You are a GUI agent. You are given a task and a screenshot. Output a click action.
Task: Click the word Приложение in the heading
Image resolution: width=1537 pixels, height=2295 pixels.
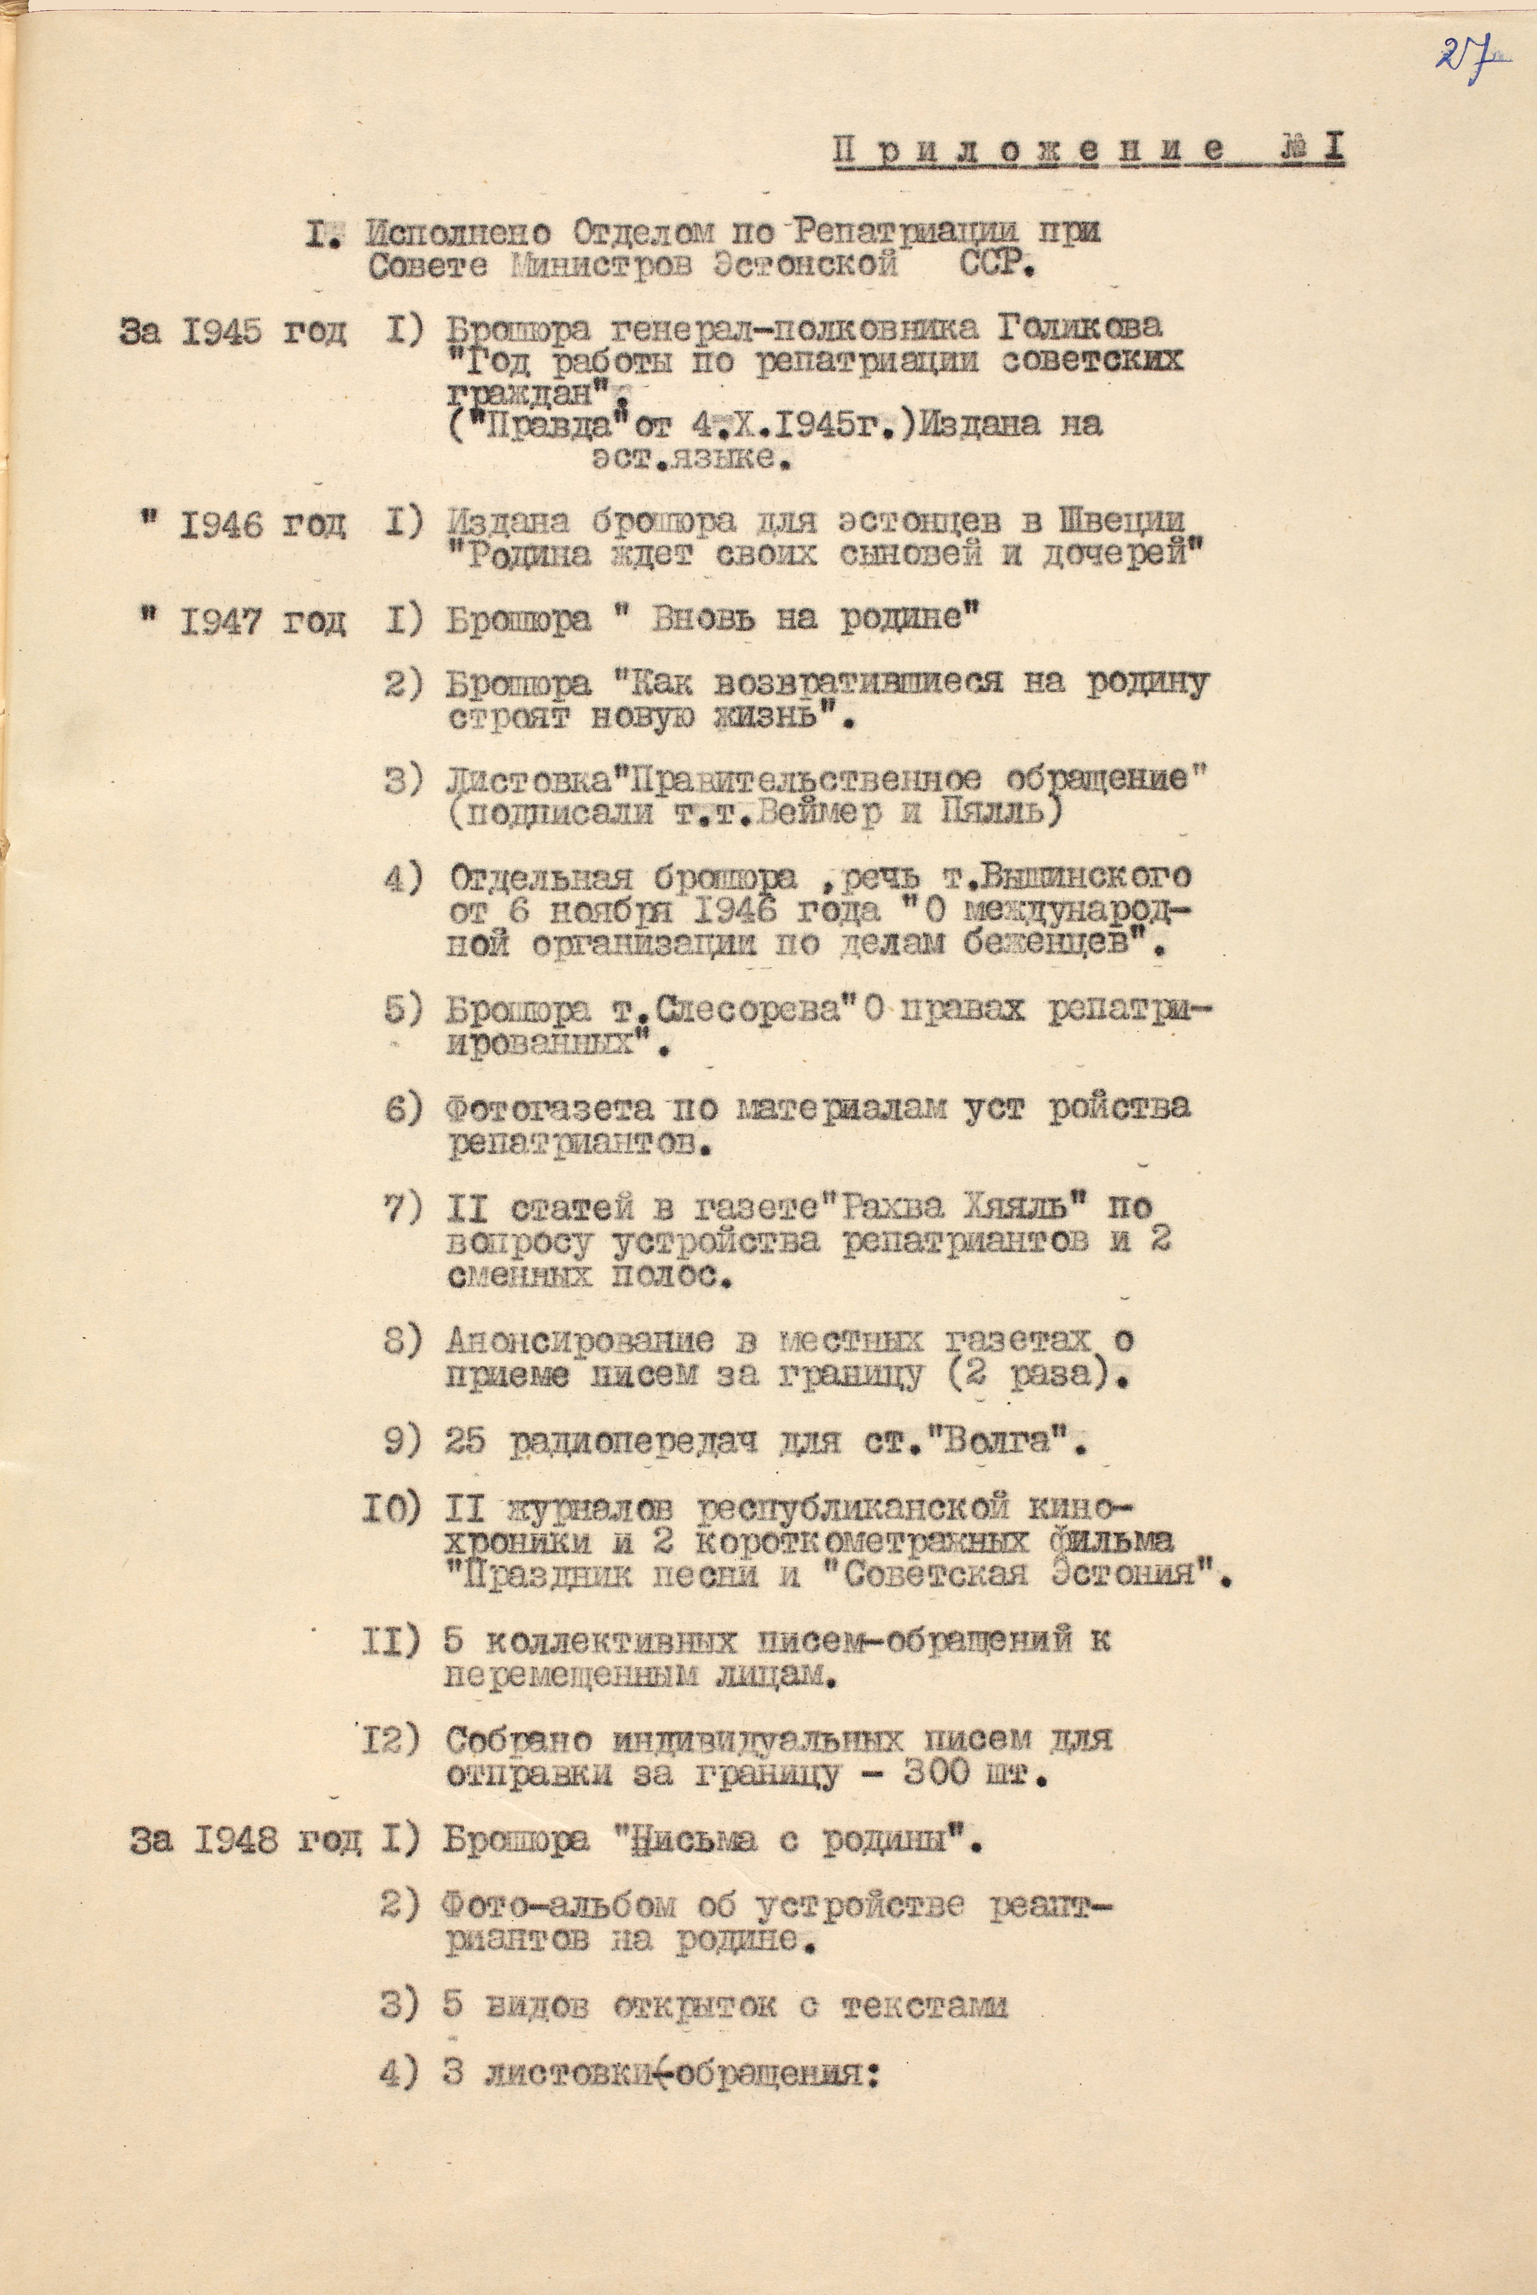coord(1029,150)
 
